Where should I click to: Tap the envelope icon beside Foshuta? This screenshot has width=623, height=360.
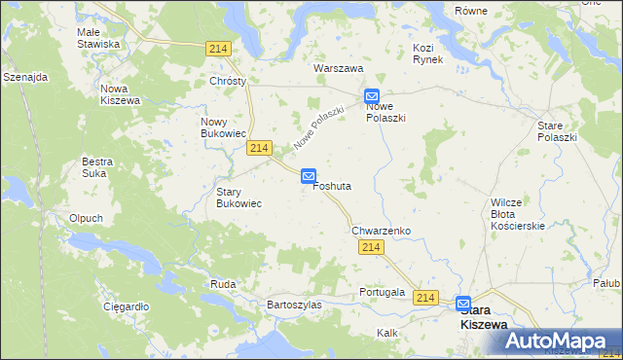(309, 176)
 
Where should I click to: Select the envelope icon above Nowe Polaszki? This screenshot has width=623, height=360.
(372, 96)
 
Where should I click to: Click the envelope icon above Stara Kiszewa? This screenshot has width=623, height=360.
(463, 303)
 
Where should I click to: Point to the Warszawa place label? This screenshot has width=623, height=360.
(338, 69)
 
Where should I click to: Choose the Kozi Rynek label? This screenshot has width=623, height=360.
(427, 54)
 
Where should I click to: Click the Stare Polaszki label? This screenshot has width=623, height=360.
(558, 131)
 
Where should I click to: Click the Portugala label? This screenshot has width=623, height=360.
(382, 292)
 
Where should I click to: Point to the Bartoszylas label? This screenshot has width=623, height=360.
(294, 305)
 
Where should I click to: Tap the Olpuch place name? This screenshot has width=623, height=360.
(86, 218)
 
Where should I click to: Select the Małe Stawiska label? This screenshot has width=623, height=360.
(98, 38)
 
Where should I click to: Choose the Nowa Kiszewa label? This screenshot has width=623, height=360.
(121, 94)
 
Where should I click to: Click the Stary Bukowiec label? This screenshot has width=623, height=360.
(238, 198)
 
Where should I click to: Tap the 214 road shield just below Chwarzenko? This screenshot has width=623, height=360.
(370, 248)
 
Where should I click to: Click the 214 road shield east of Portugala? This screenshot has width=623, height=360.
(423, 297)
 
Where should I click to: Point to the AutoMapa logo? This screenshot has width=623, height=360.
(558, 342)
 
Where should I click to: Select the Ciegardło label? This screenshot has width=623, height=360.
(126, 306)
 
